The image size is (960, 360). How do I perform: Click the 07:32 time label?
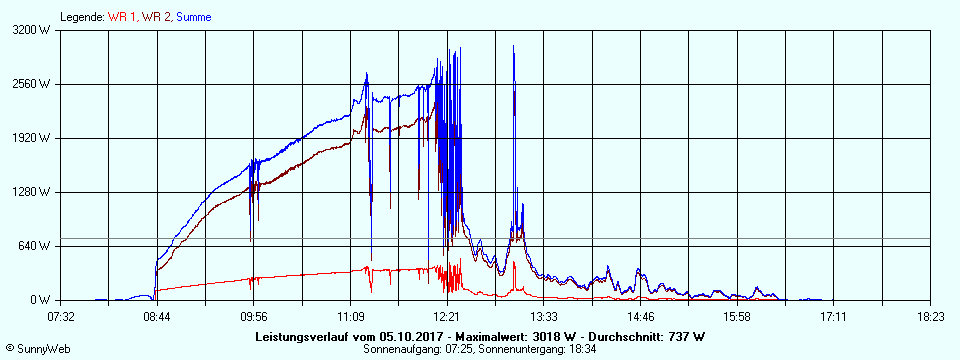tap(61, 317)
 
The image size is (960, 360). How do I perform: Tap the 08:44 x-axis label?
tap(157, 317)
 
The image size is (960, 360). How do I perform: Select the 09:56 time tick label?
tap(254, 317)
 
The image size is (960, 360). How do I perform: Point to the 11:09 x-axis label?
tap(351, 317)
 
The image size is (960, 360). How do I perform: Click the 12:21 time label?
tap(447, 317)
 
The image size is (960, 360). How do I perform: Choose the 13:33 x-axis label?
tap(544, 317)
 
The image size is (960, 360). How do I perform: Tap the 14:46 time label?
tap(641, 317)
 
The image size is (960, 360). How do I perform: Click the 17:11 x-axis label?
tap(834, 317)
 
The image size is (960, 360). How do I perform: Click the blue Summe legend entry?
tap(192, 17)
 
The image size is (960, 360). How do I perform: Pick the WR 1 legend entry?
tap(121, 17)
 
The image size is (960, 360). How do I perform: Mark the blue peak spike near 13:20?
tap(514, 48)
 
